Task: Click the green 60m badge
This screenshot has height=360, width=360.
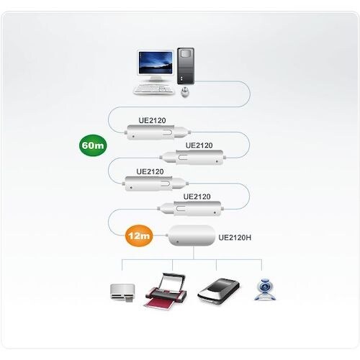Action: coord(93,146)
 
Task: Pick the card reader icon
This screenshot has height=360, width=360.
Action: coord(120,293)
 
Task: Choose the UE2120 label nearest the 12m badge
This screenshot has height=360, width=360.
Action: coord(197,196)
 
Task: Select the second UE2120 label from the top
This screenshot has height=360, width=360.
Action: coord(199,145)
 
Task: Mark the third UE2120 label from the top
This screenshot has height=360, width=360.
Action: coord(150,171)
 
